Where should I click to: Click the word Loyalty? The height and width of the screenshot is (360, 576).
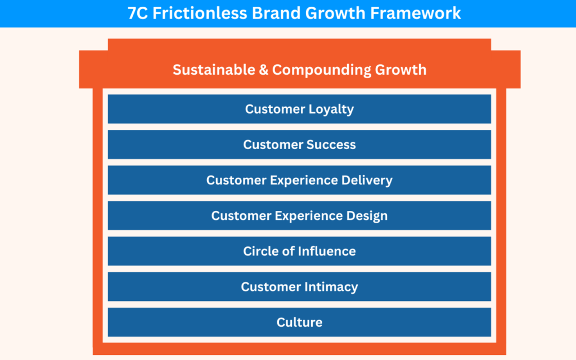coord(329,109)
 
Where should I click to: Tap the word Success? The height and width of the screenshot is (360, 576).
coord(331,145)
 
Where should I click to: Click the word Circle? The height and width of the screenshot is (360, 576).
coord(260,251)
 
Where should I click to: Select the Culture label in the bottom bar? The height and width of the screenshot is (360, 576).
coord(299,322)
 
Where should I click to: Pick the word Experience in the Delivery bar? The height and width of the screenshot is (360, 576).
coord(301,180)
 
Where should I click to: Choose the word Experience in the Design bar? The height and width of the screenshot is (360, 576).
coord(307,215)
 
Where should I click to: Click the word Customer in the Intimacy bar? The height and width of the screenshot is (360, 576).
coord(269,286)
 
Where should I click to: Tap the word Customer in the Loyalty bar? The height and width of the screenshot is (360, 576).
coord(273,109)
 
